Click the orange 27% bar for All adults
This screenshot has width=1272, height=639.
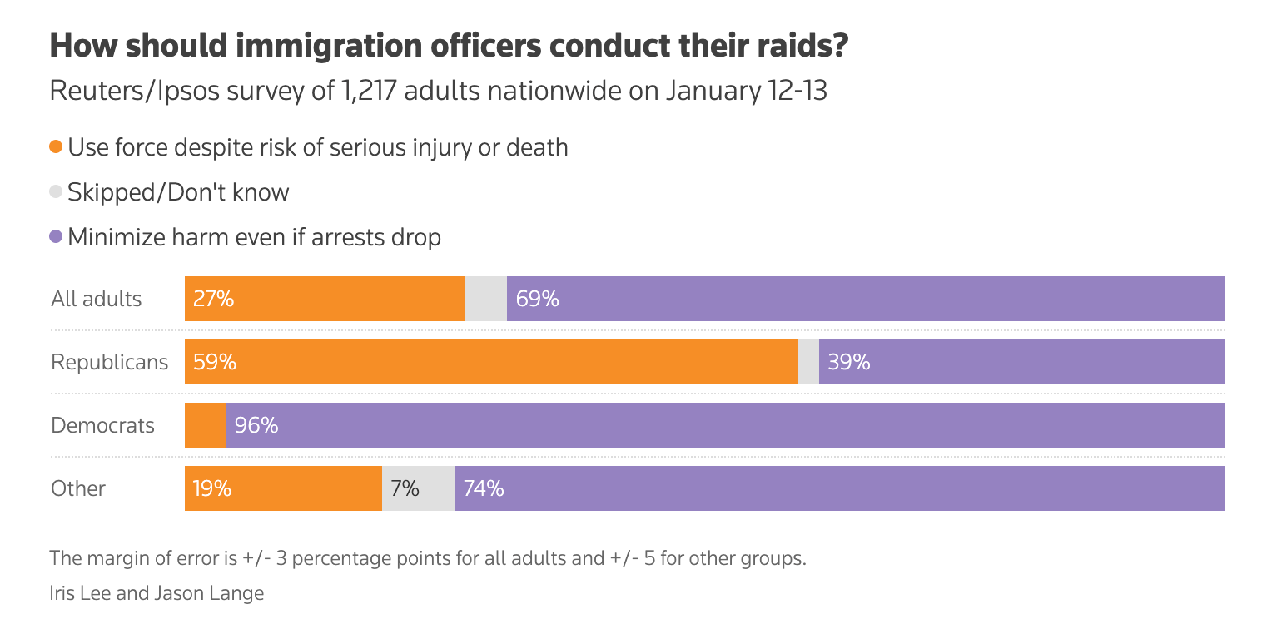click(325, 299)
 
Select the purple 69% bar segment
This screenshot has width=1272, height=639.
click(866, 299)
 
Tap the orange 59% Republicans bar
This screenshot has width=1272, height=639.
click(491, 362)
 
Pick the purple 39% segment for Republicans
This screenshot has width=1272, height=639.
click(1022, 362)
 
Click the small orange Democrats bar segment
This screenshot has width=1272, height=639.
click(205, 425)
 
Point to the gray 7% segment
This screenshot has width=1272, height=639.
click(419, 488)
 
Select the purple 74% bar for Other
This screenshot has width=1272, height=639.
click(840, 488)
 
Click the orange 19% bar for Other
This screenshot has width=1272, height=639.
click(283, 488)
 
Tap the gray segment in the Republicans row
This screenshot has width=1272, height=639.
click(808, 362)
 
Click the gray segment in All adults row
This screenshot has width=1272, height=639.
click(486, 299)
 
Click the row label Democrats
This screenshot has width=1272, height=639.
click(103, 425)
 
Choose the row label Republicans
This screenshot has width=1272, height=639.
click(109, 362)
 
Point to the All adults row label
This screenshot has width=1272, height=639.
click(97, 299)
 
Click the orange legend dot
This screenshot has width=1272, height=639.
click(56, 147)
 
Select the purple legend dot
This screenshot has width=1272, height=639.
click(56, 237)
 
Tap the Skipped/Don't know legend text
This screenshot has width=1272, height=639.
click(178, 192)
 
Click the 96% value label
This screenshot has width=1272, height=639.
click(256, 425)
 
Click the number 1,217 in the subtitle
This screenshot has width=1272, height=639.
click(373, 90)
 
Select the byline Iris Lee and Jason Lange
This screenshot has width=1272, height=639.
click(157, 593)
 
